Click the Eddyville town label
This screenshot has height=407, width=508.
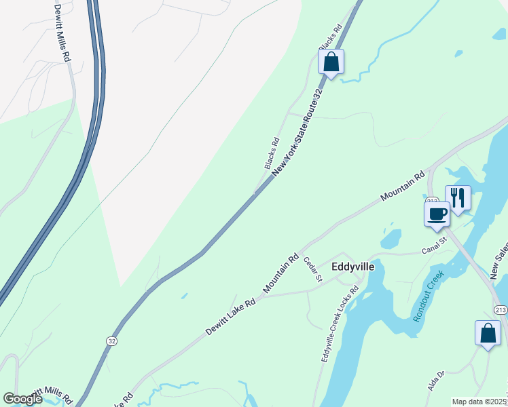pyautogui.click(x=352, y=267)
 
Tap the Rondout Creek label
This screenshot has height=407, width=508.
pyautogui.click(x=428, y=296)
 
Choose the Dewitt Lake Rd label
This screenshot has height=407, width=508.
pyautogui.click(x=230, y=317)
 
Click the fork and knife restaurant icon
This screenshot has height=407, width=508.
pyautogui.click(x=458, y=197)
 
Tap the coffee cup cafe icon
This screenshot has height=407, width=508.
pyautogui.click(x=436, y=214)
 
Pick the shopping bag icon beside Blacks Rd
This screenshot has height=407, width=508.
pyautogui.click(x=331, y=62)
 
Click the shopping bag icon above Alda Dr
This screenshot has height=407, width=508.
pyautogui.click(x=488, y=332)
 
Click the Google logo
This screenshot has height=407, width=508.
pyautogui.click(x=23, y=399)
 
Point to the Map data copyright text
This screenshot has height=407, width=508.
pyautogui.click(x=479, y=402)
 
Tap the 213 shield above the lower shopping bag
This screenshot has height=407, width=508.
pyautogui.click(x=501, y=310)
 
